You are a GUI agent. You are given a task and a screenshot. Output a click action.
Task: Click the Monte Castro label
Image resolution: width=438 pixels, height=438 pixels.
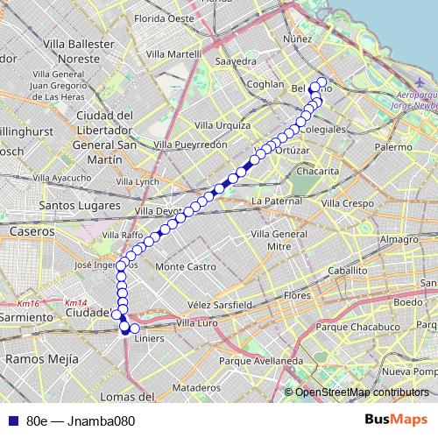click(x=185, y=265)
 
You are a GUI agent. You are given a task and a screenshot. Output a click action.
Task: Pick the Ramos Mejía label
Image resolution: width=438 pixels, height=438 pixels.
click(x=37, y=358)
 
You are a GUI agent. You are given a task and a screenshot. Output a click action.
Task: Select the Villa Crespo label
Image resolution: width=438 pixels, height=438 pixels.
click(x=345, y=203)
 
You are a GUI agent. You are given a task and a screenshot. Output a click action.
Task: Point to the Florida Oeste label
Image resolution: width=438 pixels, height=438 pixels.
click(x=164, y=18)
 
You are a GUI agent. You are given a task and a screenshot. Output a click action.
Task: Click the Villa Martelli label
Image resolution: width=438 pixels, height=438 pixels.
click(x=174, y=54)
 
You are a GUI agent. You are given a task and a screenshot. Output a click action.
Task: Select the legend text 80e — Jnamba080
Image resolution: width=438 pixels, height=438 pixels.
click(x=81, y=420)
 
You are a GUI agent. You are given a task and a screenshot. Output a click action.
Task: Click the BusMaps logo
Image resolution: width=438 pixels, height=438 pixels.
click(x=396, y=420)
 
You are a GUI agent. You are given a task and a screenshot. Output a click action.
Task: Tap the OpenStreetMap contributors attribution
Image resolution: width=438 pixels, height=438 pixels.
click(x=361, y=393)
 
